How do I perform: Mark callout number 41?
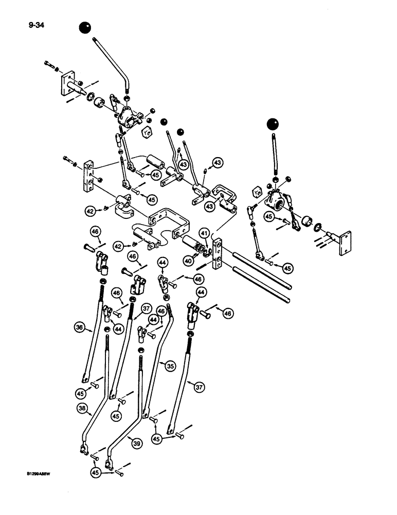pos(205,233)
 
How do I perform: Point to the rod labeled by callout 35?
pos(157,366)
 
